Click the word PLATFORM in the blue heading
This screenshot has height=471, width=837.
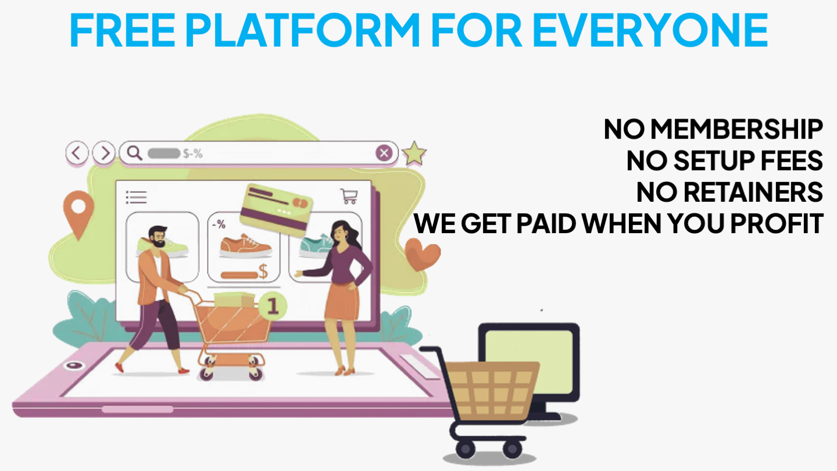[x=302, y=30]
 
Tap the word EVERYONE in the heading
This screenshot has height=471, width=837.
[x=650, y=30]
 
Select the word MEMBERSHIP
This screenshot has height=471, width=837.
[x=736, y=129]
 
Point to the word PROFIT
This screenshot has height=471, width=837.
[x=777, y=223]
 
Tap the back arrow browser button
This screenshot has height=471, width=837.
[x=77, y=153]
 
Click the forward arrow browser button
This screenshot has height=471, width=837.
[x=103, y=153]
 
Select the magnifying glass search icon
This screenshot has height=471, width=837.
[x=134, y=153]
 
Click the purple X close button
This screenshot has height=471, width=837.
[x=384, y=153]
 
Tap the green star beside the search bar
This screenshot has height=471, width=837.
[x=414, y=154]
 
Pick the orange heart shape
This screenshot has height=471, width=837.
[x=422, y=254]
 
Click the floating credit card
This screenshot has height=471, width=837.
[x=276, y=210]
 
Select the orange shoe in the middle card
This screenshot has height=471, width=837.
[x=245, y=245]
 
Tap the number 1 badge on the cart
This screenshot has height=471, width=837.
[x=273, y=306]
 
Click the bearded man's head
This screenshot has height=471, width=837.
[x=158, y=236]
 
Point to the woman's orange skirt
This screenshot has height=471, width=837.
[x=342, y=301]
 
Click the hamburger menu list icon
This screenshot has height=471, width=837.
[x=137, y=197]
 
